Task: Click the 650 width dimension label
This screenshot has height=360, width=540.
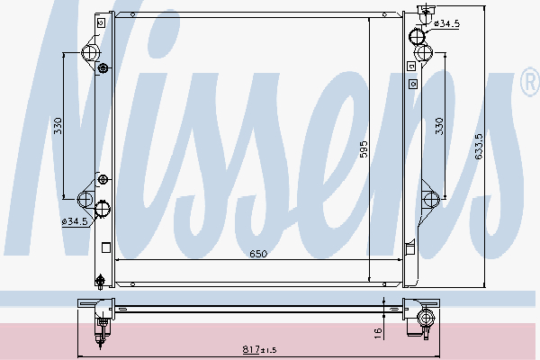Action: pyautogui.click(x=258, y=254)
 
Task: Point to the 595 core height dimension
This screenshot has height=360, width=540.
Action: pyautogui.click(x=364, y=149)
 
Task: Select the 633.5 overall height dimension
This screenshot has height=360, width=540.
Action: pyautogui.click(x=479, y=147)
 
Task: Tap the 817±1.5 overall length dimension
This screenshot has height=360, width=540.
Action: pyautogui.click(x=260, y=350)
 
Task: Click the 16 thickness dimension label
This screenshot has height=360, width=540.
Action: pyautogui.click(x=378, y=333)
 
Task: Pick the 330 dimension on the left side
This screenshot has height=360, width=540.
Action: pyautogui.click(x=58, y=126)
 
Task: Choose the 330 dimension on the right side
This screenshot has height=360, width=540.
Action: pyautogui.click(x=439, y=126)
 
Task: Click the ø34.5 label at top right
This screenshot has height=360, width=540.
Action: pyautogui.click(x=446, y=23)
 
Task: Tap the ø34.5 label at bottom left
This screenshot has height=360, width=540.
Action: pyautogui.click(x=75, y=221)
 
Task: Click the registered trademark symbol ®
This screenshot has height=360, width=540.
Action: pyautogui.click(x=531, y=82)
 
